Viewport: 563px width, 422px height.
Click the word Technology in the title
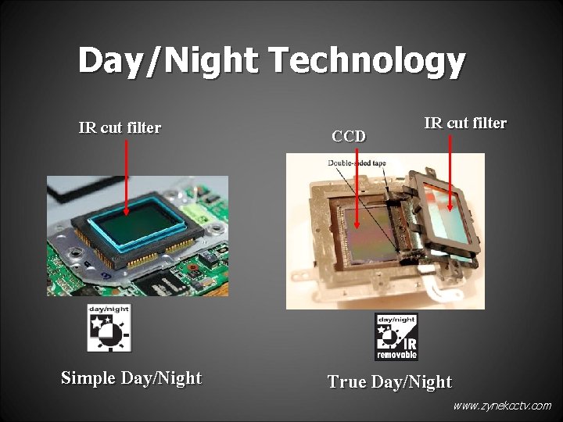pyautogui.click(x=363, y=61)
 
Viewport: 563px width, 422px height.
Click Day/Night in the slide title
pyautogui.click(x=164, y=61)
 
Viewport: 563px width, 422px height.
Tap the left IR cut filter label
pyautogui.click(x=120, y=127)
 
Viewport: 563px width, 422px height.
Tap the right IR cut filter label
pyautogui.click(x=464, y=123)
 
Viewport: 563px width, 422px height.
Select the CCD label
pyautogui.click(x=348, y=136)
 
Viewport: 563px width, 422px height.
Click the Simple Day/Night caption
pyautogui.click(x=131, y=378)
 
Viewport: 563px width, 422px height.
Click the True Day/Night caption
pyautogui.click(x=389, y=381)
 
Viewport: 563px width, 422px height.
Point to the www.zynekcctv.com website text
pyautogui.click(x=501, y=406)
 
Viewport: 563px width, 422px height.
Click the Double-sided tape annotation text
pyautogui.click(x=357, y=163)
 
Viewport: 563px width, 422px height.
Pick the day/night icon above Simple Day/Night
pyautogui.click(x=109, y=328)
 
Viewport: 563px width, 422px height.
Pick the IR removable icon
pyautogui.click(x=396, y=337)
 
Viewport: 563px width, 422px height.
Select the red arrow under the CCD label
pyautogui.click(x=357, y=188)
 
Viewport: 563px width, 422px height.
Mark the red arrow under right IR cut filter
pyautogui.click(x=450, y=172)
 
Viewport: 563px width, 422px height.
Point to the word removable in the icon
pyautogui.click(x=396, y=355)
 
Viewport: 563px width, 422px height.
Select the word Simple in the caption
pyautogui.click(x=88, y=378)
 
